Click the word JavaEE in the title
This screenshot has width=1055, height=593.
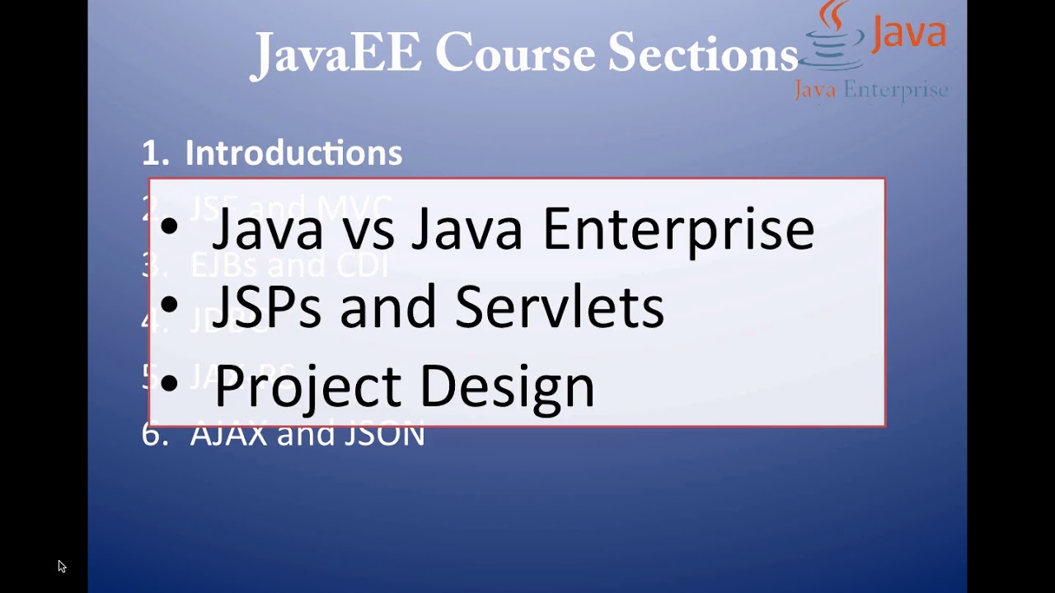pos(335,55)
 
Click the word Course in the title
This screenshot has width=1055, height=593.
pos(515,54)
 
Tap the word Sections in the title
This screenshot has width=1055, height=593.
pos(702,54)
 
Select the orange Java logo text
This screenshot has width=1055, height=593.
pos(908,33)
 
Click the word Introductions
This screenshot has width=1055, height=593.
pos(293,153)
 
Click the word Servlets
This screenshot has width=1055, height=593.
pos(559,306)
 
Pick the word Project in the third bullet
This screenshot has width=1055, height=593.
pos(309,385)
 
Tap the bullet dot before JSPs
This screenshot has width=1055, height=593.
pos(169,306)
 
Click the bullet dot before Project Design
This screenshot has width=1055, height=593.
pos(169,382)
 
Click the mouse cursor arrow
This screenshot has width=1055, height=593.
pos(62,566)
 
